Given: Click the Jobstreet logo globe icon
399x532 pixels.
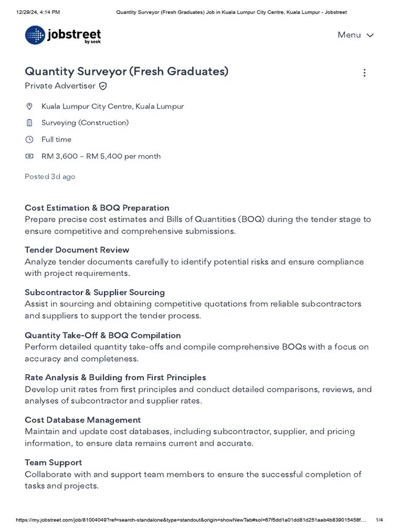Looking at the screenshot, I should pos(35,35).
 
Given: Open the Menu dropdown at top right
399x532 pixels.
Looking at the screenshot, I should pos(355,35).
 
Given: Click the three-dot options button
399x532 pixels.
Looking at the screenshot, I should pos(364,73).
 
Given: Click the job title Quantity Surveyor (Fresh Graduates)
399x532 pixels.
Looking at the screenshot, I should pos(126,71).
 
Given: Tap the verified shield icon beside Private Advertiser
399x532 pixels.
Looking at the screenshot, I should pos(103,86).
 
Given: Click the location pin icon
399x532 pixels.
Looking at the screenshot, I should pos(30,107).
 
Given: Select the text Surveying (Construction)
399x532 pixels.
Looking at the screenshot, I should pos(85,123).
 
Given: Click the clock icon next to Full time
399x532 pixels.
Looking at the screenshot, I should pos(30,139).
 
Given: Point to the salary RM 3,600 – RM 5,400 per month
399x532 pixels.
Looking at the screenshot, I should pos(101,156).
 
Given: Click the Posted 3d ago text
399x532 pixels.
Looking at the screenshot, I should pos(50,177).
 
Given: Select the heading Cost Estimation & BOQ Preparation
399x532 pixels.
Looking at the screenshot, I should pos(97,208).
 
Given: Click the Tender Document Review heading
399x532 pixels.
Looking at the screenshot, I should pos(77,250).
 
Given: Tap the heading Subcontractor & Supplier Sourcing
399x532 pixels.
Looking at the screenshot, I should pos(95,292).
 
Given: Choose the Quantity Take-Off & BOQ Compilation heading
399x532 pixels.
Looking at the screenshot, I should pos(103,335).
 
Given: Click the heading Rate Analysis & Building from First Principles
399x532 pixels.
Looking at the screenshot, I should pos(115,377).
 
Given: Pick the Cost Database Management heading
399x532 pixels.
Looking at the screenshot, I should pos(83,420).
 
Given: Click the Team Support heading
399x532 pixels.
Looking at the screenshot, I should pos(53,462).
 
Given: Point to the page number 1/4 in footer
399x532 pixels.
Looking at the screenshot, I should pos(379,520).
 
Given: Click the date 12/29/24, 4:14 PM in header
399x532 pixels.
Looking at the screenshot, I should pos(38,12).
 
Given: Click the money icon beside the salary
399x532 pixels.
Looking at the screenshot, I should pos(30,156).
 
